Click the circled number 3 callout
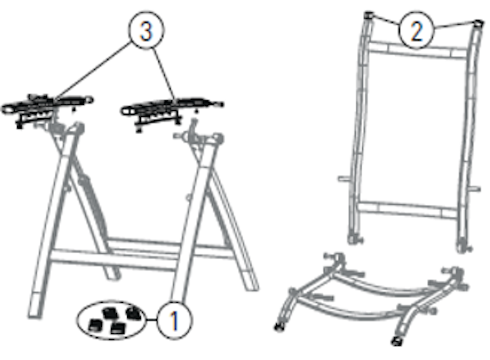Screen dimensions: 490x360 pos(146,30)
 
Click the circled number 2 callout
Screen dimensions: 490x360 pos(416,30)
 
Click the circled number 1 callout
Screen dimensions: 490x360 pos(174,320)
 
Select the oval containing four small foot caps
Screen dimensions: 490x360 pos(111,320)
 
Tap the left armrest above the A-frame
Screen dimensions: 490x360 pos(47,106)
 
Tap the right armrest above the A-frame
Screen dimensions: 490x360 pos(172,108)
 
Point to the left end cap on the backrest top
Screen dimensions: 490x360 pos(369,15)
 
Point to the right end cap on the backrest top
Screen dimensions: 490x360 pos(478,24)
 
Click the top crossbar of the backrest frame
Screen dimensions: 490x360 pos(417,50)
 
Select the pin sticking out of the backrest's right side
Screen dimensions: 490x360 pos(475,188)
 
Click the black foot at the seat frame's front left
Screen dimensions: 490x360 pos(279,327)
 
